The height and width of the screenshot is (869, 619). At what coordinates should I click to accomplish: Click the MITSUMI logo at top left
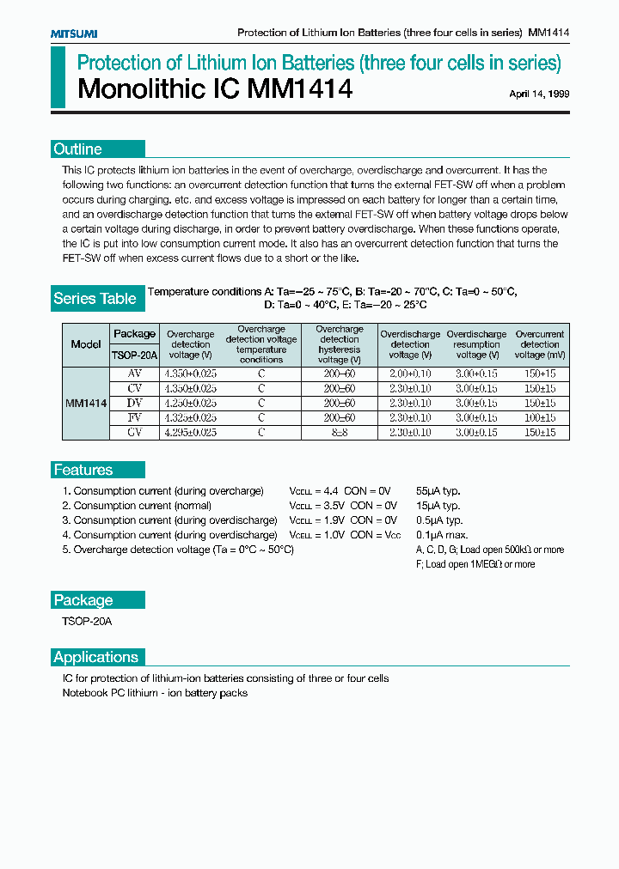[74, 33]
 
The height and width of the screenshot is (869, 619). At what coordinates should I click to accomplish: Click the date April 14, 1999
[539, 94]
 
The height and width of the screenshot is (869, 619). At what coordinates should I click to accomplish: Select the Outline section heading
[77, 149]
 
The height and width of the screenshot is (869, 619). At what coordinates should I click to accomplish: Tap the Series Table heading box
[95, 299]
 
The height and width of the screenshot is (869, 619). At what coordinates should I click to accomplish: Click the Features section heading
[83, 470]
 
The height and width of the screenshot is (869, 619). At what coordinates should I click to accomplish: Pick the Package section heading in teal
[83, 600]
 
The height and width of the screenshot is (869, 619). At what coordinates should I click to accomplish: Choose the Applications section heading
[96, 657]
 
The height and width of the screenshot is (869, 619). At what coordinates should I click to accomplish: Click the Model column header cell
[86, 344]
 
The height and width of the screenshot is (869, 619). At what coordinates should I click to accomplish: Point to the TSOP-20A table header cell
[134, 355]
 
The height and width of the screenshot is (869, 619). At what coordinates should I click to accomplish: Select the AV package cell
[134, 374]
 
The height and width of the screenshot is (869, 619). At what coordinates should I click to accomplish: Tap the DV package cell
[134, 403]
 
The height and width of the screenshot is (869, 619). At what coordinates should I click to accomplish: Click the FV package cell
[134, 417]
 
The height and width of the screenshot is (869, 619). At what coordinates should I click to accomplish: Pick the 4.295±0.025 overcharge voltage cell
[190, 432]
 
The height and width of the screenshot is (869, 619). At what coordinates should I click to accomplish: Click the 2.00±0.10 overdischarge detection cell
[410, 374]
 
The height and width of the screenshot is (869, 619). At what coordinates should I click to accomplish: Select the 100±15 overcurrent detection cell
[540, 417]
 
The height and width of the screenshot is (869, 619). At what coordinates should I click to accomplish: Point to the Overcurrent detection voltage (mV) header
[540, 344]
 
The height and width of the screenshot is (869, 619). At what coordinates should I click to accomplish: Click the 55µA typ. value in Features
[438, 491]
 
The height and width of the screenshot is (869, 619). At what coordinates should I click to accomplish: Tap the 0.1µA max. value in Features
[439, 535]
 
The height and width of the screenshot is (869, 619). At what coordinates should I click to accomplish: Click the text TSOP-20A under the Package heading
[87, 621]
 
